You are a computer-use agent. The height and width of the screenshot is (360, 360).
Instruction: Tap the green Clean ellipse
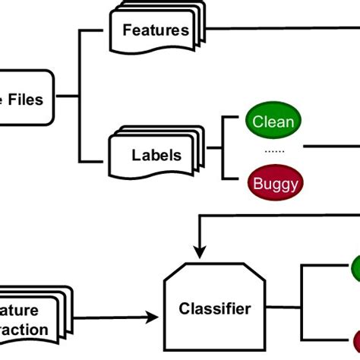(x=273, y=121)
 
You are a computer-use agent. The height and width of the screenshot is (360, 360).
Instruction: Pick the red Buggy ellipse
(x=273, y=182)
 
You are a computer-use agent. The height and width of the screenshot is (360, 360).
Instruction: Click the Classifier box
(x=215, y=308)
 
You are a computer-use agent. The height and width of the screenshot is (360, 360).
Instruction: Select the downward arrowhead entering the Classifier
(x=199, y=250)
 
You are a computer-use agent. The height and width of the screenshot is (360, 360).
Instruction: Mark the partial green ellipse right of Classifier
(x=355, y=269)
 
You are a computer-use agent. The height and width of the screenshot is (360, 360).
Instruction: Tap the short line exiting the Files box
(x=67, y=96)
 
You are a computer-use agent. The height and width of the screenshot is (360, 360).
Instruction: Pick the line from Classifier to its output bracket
(x=284, y=308)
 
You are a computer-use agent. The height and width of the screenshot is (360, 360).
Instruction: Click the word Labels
(x=156, y=155)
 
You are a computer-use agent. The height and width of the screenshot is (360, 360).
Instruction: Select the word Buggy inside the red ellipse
(x=273, y=182)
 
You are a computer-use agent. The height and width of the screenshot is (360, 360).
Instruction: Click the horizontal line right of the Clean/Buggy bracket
(x=334, y=151)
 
